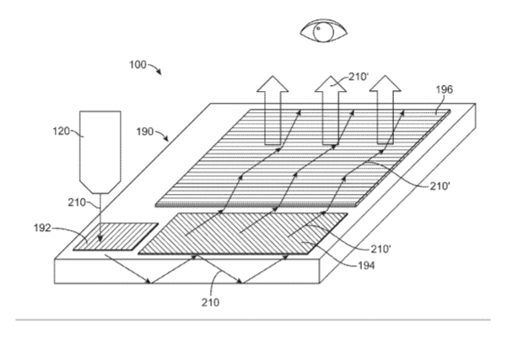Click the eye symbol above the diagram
[x=323, y=30]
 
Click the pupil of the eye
[x=318, y=29]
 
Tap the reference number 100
[x=138, y=64]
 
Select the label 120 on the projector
[x=61, y=131]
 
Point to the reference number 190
[x=145, y=132]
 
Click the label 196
[x=445, y=89]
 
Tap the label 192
[x=42, y=228]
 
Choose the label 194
[x=366, y=266]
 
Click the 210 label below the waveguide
[x=211, y=303]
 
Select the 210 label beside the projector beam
[x=77, y=202]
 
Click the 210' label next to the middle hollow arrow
[x=359, y=77]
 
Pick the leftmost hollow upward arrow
[x=273, y=110]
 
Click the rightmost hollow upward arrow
[x=386, y=110]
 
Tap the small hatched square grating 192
[x=116, y=237]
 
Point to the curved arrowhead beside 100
[x=159, y=73]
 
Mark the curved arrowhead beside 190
[x=166, y=138]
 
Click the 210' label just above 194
[x=381, y=249]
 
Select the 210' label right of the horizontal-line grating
[x=440, y=185]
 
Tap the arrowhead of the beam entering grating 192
[x=100, y=239]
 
